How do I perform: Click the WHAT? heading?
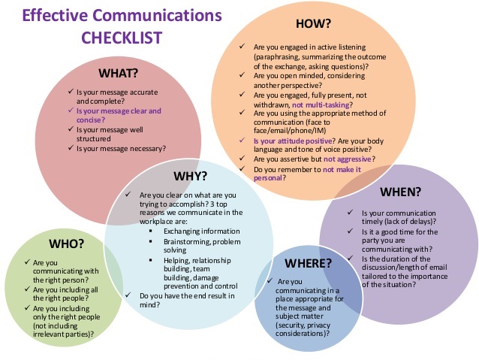118,73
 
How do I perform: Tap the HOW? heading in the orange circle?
313,23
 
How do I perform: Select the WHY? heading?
190,176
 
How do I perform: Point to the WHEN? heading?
400,192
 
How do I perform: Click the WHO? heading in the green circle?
66,244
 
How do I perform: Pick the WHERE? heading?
308,263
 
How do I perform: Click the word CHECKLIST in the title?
122,38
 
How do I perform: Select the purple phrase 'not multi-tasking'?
321,105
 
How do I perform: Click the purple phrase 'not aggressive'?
348,159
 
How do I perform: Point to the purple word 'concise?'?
90,120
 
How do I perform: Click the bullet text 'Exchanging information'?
202,231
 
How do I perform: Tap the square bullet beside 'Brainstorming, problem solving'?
151,241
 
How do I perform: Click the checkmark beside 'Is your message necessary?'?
71,148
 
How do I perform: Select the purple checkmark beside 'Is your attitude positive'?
242,140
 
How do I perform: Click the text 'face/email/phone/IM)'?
290,131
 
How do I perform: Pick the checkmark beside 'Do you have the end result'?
128,295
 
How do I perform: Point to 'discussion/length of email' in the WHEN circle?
405,268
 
